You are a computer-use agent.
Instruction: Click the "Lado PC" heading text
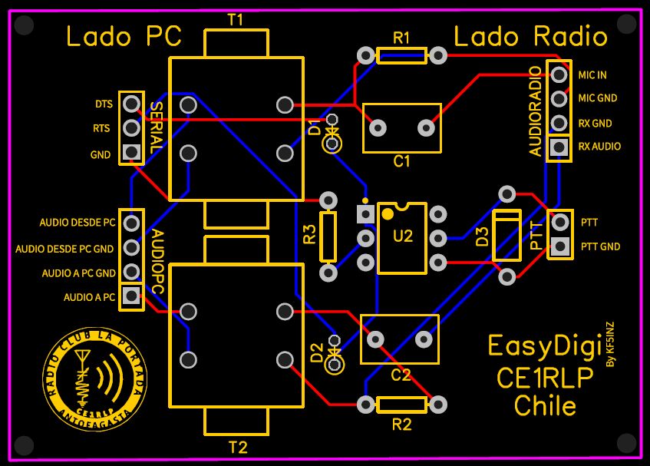(124, 36)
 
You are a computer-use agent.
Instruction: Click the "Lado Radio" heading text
(531, 36)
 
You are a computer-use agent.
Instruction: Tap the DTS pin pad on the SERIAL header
(132, 103)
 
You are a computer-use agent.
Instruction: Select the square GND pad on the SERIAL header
(132, 152)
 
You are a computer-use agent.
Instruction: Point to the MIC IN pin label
(592, 75)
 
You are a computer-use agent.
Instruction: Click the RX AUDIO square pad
(559, 146)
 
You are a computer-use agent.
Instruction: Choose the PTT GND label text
(600, 246)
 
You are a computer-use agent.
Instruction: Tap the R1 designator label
(401, 38)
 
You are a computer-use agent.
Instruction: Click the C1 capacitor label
(401, 162)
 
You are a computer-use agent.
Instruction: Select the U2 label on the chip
(403, 236)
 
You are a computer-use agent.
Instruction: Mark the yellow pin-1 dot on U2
(388, 213)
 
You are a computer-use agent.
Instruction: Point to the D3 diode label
(483, 236)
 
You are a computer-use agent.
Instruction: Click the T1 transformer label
(236, 19)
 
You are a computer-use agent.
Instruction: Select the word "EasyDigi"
(544, 347)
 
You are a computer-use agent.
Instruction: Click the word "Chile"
(545, 405)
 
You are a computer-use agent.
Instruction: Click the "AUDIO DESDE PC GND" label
(64, 249)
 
